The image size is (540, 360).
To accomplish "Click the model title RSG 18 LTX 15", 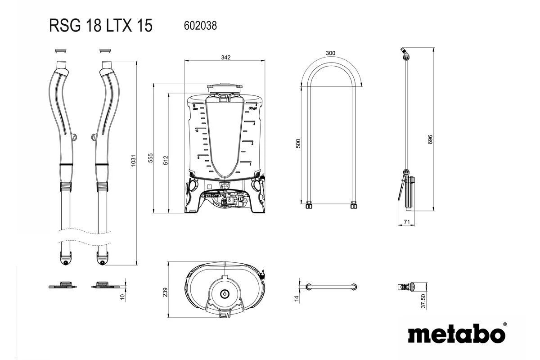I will [101, 26].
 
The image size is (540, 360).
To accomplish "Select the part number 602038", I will [201, 26].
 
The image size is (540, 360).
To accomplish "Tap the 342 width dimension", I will [226, 57].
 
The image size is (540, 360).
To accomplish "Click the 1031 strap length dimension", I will [133, 162].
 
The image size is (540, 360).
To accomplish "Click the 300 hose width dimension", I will [331, 53].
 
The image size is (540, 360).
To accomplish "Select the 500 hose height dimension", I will [298, 144].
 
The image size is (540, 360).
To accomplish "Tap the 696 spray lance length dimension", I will [430, 139].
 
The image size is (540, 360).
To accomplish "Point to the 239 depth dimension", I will [165, 292].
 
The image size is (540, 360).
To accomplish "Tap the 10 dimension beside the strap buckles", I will [122, 297].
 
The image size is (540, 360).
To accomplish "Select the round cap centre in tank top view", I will [224, 293].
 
